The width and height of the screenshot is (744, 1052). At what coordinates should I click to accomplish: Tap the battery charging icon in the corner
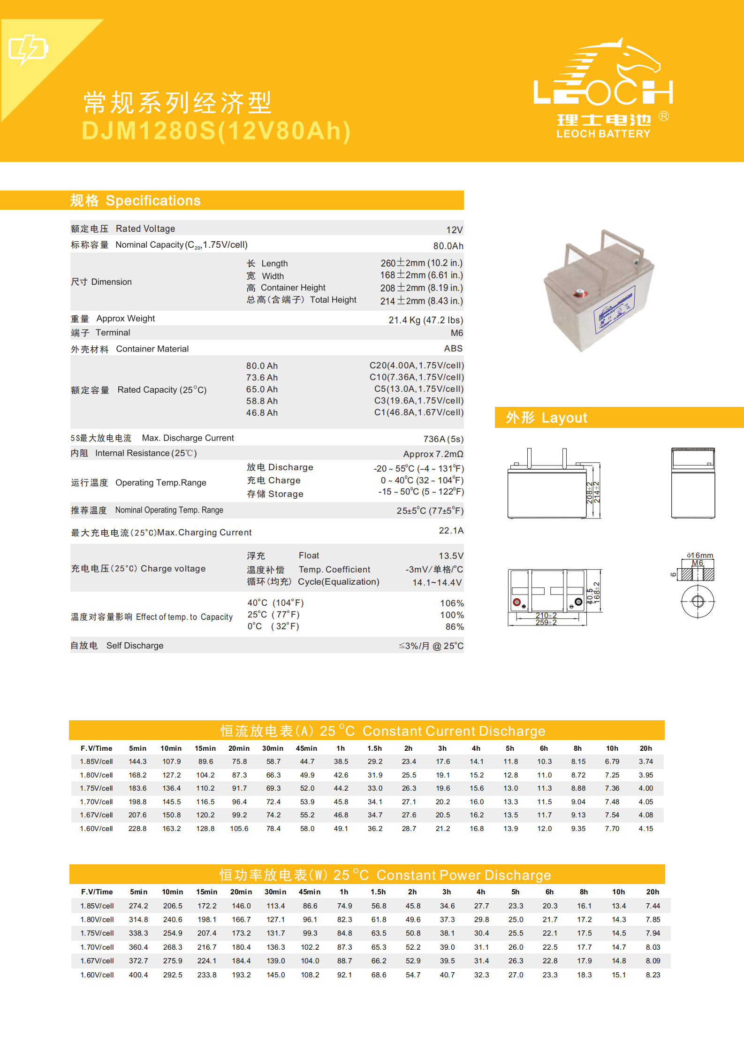[x=28, y=49]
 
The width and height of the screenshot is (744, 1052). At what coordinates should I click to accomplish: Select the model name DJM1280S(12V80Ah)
[x=216, y=131]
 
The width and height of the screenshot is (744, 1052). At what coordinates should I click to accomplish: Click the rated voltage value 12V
[x=454, y=230]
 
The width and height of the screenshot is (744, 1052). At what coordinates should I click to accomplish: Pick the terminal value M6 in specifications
[x=456, y=333]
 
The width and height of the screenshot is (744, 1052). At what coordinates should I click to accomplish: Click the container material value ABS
[x=453, y=349]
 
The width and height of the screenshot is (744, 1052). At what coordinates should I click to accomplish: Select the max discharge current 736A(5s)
[x=443, y=439]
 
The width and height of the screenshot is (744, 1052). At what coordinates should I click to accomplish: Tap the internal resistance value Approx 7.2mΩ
[x=433, y=454]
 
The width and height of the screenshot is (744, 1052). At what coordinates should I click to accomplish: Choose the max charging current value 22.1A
[x=451, y=531]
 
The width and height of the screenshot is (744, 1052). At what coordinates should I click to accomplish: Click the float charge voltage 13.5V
[x=451, y=556]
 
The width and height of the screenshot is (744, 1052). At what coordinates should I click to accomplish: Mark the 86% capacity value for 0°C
[x=454, y=627]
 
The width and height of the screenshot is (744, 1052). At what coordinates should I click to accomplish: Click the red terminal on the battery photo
[x=578, y=294]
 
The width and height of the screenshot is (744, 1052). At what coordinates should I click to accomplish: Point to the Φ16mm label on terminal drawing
[x=700, y=555]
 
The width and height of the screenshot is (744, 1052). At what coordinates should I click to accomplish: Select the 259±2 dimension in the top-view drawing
[x=546, y=623]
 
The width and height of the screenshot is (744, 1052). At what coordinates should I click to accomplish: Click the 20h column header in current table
[x=645, y=748]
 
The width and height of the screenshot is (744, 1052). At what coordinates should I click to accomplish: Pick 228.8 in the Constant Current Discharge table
[x=137, y=829]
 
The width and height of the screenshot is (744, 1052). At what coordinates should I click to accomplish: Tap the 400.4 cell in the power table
[x=138, y=975]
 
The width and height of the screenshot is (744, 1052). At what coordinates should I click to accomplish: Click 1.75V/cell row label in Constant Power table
[x=97, y=933]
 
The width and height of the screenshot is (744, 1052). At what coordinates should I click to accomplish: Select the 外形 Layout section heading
[x=547, y=418]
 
